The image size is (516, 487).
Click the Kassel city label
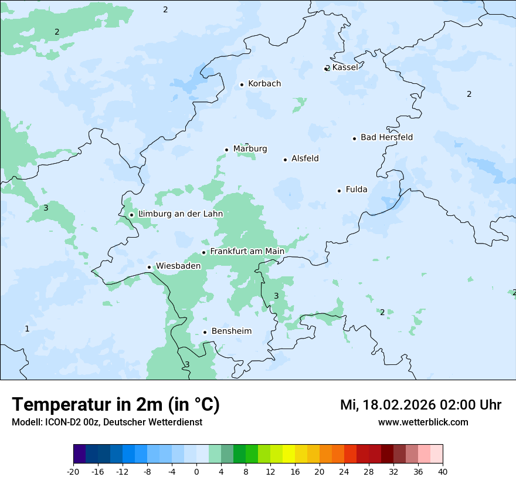(345, 67)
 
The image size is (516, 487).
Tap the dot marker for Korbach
(242, 84)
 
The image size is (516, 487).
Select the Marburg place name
(250, 149)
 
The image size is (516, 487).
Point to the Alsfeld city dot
(285, 160)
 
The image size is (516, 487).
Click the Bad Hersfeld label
(386, 137)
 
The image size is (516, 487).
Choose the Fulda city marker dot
(339, 191)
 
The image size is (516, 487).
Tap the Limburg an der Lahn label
(181, 214)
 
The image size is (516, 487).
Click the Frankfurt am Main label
(247, 252)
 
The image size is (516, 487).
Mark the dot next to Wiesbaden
(149, 267)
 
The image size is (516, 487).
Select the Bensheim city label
(231, 332)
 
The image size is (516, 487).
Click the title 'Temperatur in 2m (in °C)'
(116, 405)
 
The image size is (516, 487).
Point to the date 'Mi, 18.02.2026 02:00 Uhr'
(420, 405)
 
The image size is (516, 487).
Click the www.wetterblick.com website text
(423, 422)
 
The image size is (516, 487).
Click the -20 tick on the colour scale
(73, 472)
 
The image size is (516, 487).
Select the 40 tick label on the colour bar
(443, 472)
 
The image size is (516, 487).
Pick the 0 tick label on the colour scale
(196, 472)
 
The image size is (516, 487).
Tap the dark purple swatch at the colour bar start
(79, 454)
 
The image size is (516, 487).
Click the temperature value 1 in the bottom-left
(27, 329)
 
